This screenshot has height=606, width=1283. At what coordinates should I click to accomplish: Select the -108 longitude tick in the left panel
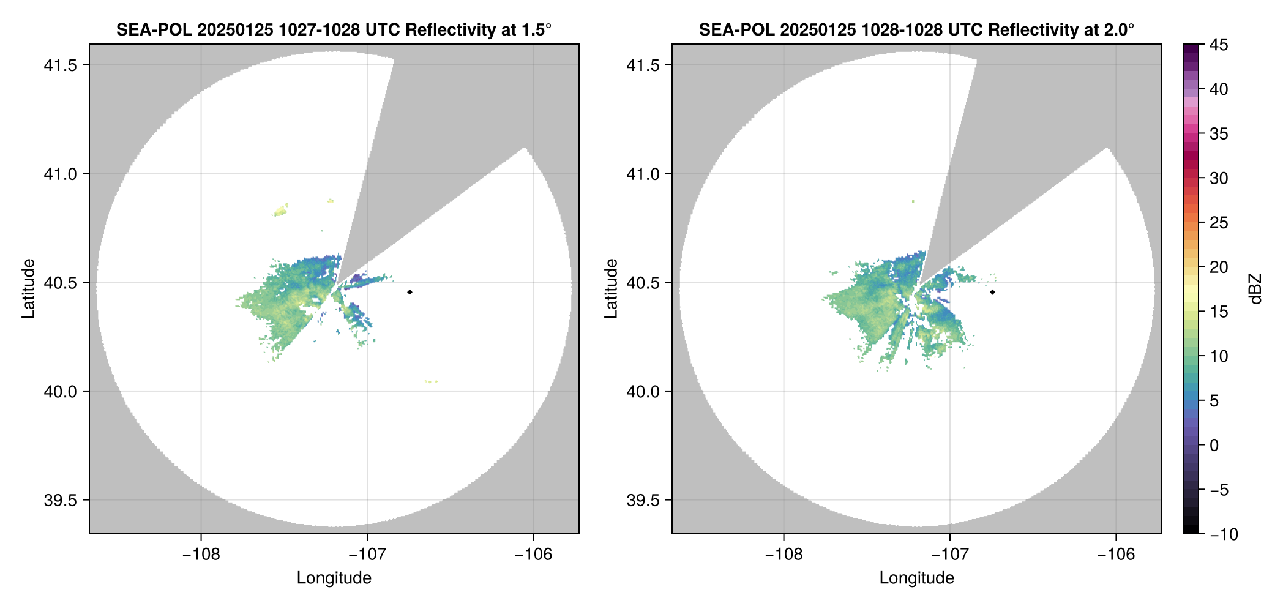click(x=201, y=555)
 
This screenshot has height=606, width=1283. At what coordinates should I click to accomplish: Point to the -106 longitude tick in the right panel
click(x=1116, y=555)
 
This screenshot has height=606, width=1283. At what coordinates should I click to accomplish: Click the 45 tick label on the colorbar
click(x=1219, y=45)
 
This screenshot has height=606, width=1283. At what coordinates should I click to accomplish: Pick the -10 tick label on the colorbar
click(x=1224, y=534)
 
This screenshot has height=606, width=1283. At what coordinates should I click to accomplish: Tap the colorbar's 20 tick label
click(x=1219, y=267)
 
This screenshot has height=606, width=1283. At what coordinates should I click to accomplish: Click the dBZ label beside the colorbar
click(x=1256, y=289)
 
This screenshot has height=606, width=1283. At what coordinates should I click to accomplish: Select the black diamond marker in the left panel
click(x=410, y=292)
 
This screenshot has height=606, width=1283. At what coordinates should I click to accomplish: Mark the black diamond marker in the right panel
click(x=992, y=292)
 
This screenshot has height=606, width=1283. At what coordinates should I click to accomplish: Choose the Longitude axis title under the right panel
click(x=916, y=578)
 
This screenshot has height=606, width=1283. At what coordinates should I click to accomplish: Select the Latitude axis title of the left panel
click(x=28, y=288)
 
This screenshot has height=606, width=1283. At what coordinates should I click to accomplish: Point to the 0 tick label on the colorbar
click(x=1214, y=446)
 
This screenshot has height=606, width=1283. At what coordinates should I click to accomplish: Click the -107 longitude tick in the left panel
click(x=367, y=555)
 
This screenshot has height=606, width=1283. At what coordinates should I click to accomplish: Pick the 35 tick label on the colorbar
click(x=1219, y=134)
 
